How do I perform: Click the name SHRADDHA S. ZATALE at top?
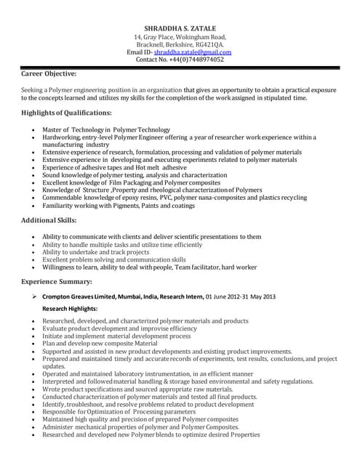(x=180, y=28)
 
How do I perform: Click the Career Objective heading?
(x=49, y=74)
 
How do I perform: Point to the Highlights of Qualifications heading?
(x=66, y=113)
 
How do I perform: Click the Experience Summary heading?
(x=60, y=280)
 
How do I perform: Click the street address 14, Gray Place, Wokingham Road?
(x=180, y=36)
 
